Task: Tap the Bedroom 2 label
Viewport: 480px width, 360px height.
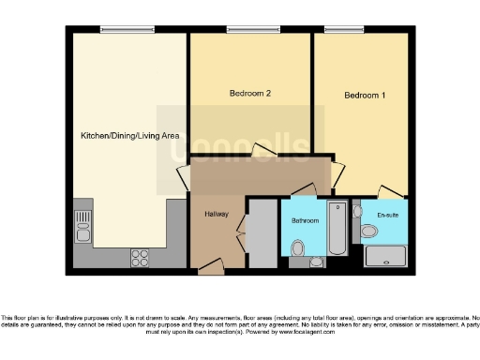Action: point(250,94)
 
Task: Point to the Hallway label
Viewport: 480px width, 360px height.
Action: point(217,213)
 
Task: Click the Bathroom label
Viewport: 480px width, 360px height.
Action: point(305,220)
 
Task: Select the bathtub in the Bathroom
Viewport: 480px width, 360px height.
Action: point(337,228)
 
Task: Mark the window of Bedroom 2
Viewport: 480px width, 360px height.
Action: point(251,30)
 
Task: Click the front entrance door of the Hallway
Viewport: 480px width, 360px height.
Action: point(210,269)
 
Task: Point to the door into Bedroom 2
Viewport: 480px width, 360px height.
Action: point(262,151)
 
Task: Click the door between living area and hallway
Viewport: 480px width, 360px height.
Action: point(184,178)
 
